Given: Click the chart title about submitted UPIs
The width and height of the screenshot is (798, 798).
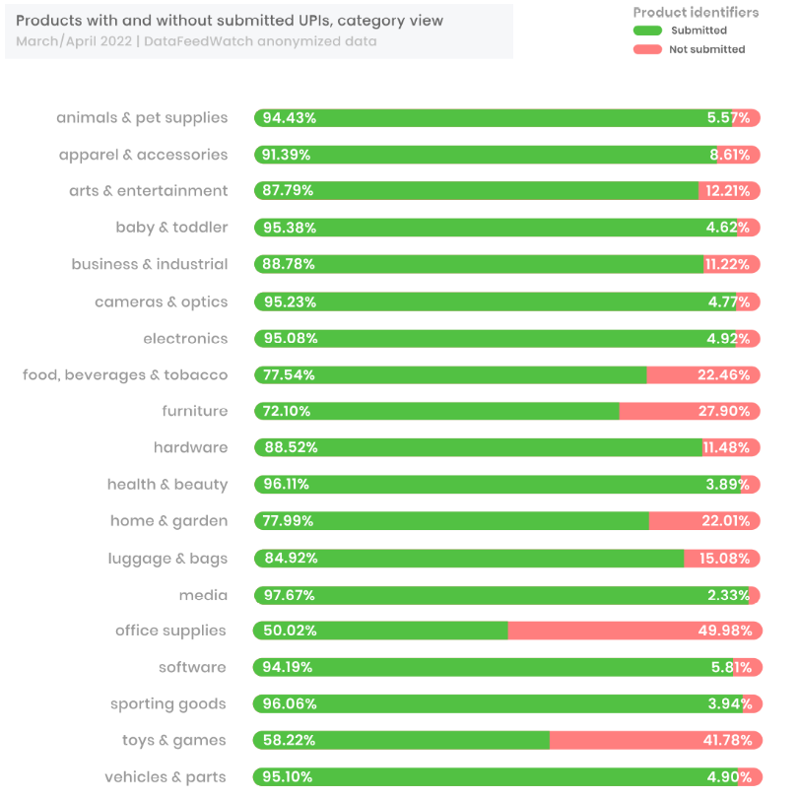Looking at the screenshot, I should click(x=230, y=21).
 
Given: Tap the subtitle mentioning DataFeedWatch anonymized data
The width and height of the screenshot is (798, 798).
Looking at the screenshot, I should click(x=196, y=41).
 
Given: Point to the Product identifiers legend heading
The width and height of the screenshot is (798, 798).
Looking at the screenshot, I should click(x=696, y=12).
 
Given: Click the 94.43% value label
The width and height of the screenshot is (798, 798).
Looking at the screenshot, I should click(x=289, y=118).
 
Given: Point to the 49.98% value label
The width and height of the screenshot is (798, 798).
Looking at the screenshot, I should click(x=725, y=631).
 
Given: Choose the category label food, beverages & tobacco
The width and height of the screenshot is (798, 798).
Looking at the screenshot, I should click(x=125, y=374).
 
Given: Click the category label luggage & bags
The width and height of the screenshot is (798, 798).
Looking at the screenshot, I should click(x=167, y=559).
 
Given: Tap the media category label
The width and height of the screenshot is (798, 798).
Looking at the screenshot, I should click(x=203, y=595).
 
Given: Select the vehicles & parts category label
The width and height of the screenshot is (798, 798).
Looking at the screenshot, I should click(x=166, y=777).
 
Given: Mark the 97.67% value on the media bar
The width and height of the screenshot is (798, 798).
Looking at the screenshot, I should click(x=289, y=595).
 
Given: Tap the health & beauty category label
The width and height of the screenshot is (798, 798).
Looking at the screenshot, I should click(x=167, y=484).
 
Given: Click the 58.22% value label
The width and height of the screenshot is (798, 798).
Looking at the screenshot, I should click(x=289, y=740).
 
